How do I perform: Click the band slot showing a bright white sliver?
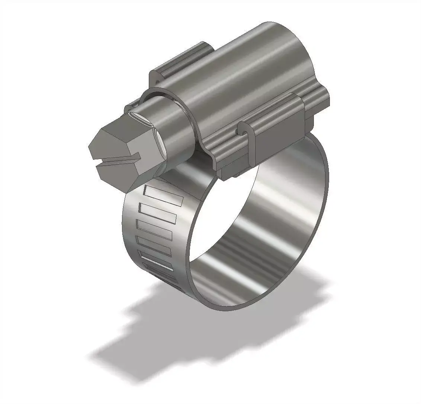tap(156, 261)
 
